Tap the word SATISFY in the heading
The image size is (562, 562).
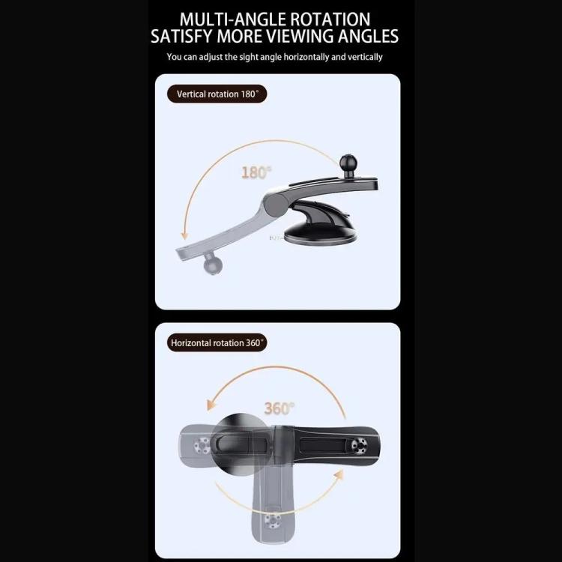(185, 36)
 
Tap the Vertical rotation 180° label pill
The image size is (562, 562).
(217, 94)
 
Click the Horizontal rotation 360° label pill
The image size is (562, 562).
(217, 343)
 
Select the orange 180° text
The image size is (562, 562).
(256, 172)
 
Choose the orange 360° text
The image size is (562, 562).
(279, 408)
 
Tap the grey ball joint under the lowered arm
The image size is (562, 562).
(211, 265)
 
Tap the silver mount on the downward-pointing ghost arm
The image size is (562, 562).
(271, 521)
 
